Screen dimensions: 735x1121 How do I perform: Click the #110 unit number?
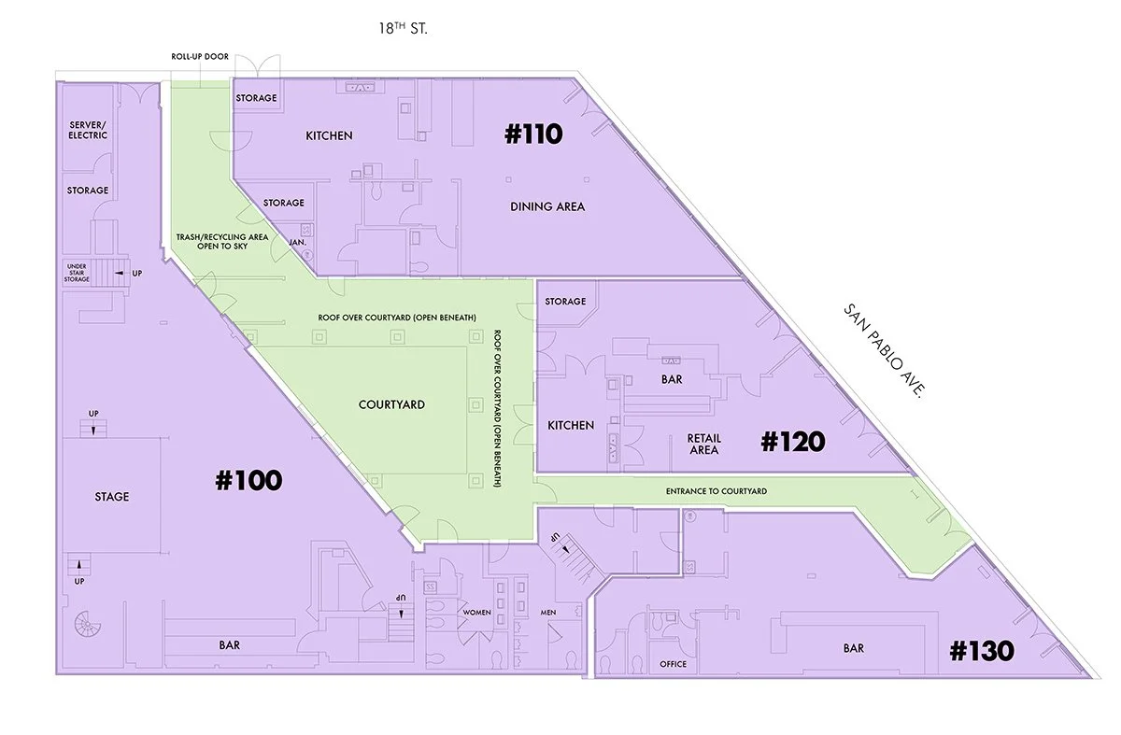(x=533, y=134)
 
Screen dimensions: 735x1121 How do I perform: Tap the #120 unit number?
(x=792, y=441)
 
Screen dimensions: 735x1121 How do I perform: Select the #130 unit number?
(x=981, y=651)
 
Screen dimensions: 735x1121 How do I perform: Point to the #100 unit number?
(x=248, y=480)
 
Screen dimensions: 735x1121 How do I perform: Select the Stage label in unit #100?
(x=111, y=497)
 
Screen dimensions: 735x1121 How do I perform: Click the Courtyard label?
(x=391, y=404)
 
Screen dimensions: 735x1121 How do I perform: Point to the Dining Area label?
(x=547, y=206)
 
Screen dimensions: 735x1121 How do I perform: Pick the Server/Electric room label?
(x=89, y=130)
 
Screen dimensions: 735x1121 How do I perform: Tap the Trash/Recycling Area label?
(x=222, y=242)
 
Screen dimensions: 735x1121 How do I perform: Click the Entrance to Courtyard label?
(x=717, y=491)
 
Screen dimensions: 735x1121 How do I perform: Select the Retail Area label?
(x=703, y=444)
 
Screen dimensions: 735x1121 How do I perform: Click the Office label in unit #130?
(x=673, y=664)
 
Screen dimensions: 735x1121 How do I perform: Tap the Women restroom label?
(x=476, y=613)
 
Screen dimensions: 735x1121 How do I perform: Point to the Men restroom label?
(x=548, y=613)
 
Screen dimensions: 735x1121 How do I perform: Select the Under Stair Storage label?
(x=77, y=273)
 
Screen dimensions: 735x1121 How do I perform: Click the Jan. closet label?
(x=299, y=242)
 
